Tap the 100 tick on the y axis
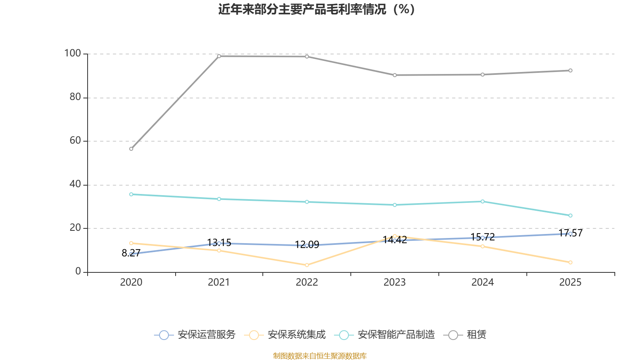tap(72, 53)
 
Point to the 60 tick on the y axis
tap(75, 140)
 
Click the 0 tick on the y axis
tap(78, 271)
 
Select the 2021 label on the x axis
tap(219, 282)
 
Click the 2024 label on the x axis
tap(482, 282)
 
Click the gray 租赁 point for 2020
tap(131, 149)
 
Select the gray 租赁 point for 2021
tap(219, 56)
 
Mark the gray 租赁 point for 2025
tap(570, 70)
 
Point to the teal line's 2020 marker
tap(131, 194)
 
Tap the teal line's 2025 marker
tap(570, 216)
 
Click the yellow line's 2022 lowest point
tap(307, 265)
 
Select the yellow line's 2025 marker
tap(570, 262)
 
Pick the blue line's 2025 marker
tap(570, 234)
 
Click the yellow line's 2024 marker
tap(482, 246)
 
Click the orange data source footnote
tap(320, 356)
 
